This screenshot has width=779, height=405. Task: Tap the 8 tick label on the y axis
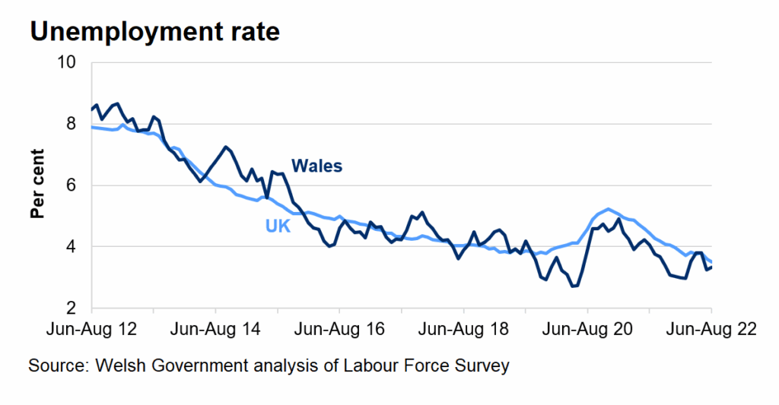click(72, 124)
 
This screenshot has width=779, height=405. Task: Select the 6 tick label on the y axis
click(72, 185)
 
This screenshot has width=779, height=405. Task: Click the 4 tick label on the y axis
click(72, 247)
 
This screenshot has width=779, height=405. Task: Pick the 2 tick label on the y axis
click(72, 308)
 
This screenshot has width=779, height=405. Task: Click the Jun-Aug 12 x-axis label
click(92, 331)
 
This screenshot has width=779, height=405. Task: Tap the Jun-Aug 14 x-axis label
click(216, 331)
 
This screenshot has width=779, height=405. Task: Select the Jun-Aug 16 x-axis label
click(339, 331)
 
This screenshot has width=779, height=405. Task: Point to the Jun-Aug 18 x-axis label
click(463, 331)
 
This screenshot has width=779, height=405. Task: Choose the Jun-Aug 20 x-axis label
click(587, 331)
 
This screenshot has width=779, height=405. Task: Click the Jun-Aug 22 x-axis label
click(711, 331)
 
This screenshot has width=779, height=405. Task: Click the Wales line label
click(316, 166)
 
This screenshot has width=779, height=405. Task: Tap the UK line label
click(278, 226)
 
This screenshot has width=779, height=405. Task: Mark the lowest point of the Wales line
click(574, 286)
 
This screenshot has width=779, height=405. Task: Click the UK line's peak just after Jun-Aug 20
click(608, 209)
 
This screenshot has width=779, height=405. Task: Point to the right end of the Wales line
click(711, 267)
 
